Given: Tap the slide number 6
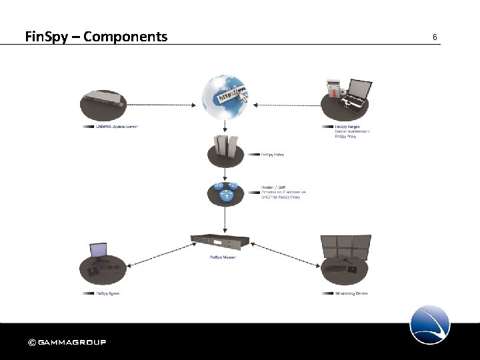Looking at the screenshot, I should tap(435, 37).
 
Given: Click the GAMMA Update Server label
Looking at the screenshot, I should tap(116, 126).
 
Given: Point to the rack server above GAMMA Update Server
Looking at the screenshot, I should tap(104, 100).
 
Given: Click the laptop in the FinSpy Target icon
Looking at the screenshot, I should tap(354, 91).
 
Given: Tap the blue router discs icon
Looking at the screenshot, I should tap(224, 191).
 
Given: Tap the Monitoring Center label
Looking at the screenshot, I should tap(351, 293).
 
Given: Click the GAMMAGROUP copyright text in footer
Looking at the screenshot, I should tap(67, 343).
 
